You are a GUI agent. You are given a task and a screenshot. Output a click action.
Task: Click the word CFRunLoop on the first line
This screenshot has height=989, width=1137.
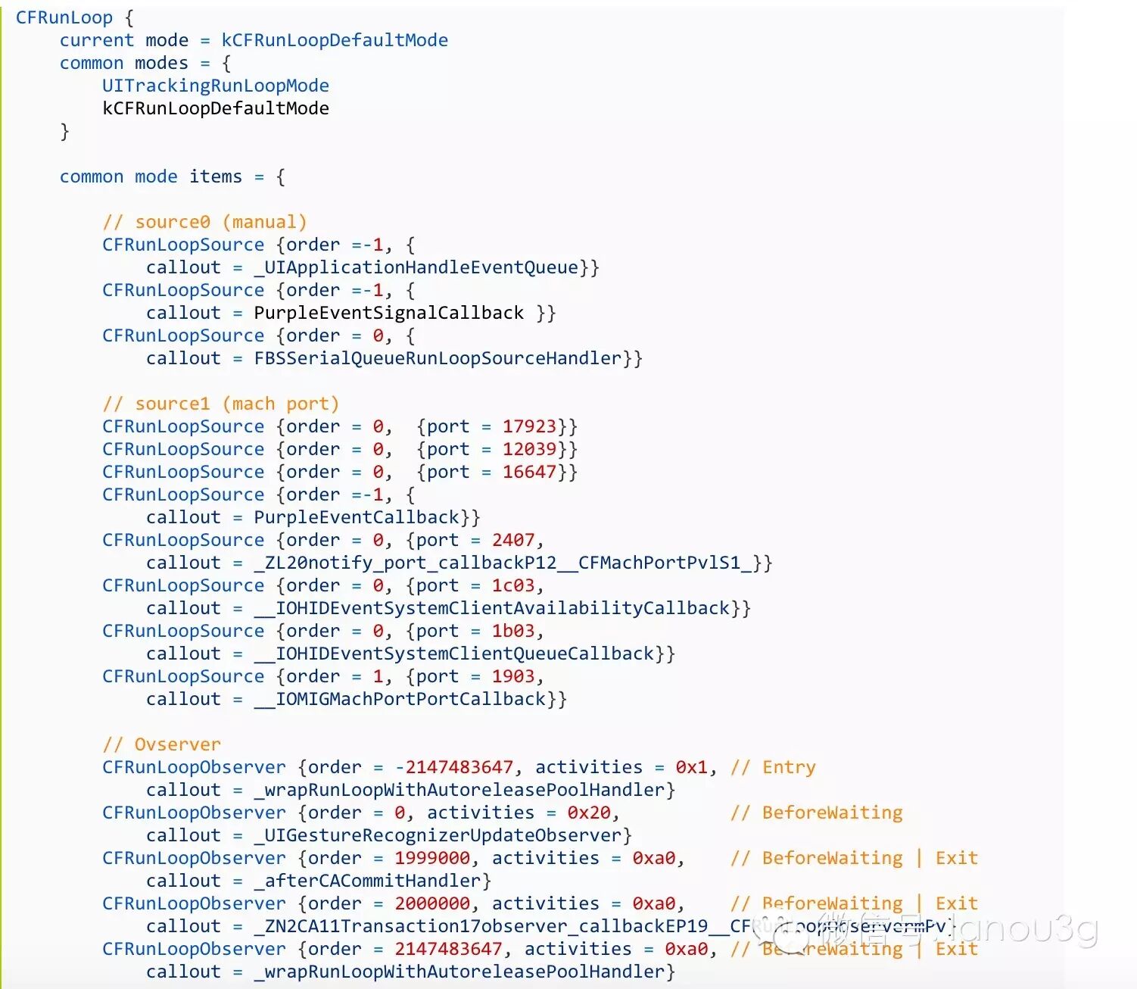coord(64,17)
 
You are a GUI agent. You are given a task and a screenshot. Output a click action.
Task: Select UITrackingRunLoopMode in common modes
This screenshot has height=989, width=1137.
coord(216,86)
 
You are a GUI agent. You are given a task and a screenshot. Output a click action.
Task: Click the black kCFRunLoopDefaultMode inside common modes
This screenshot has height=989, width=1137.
coord(216,108)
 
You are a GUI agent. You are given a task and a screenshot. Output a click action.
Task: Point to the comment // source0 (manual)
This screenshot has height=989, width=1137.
coord(204,222)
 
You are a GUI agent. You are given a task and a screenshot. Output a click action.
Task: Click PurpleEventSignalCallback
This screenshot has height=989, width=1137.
coord(388,313)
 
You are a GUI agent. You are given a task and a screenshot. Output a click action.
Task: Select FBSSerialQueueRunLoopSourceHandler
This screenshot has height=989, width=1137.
coord(438,358)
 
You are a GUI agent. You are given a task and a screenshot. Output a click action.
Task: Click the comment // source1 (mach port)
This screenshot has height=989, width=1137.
coord(220,404)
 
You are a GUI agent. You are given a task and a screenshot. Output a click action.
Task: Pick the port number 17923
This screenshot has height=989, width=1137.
coord(529,426)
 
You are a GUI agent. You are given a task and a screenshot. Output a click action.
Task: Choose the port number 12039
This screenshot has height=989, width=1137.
coord(529,449)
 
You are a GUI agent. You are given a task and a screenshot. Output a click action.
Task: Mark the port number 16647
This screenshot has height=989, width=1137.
coord(529,472)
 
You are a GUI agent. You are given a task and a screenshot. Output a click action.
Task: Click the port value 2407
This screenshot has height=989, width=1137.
coord(513,540)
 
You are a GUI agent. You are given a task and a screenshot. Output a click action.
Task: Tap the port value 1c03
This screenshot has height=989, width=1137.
coord(513,585)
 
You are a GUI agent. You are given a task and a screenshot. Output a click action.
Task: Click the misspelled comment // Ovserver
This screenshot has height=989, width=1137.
coord(161,744)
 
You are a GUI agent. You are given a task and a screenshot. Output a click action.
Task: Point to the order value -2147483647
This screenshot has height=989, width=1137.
coord(453,767)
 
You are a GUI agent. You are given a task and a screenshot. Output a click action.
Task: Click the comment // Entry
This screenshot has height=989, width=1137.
coord(773,767)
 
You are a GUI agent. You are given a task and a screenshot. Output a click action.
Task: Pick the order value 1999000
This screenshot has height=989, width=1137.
coord(432,858)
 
